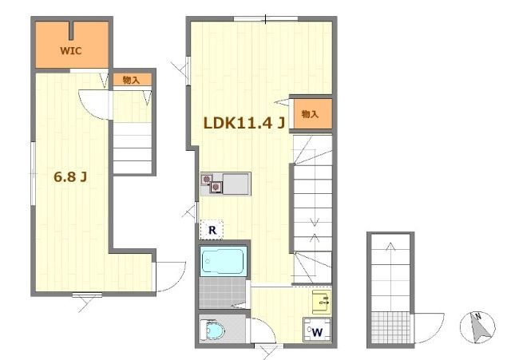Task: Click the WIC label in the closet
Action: tap(71, 51)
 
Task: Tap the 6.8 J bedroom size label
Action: tap(70, 177)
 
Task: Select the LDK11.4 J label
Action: tap(244, 123)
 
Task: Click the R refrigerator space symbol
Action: tap(212, 230)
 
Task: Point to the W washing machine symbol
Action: tap(317, 332)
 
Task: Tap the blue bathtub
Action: tap(223, 261)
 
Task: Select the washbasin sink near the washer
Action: tap(322, 303)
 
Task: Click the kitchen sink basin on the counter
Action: tap(236, 184)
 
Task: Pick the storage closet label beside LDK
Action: tap(310, 114)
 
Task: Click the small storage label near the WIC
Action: tap(131, 80)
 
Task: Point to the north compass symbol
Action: tap(477, 327)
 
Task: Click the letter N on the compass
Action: tap(477, 315)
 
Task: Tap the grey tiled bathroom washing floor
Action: tap(223, 292)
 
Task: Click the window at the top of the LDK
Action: tap(266, 19)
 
